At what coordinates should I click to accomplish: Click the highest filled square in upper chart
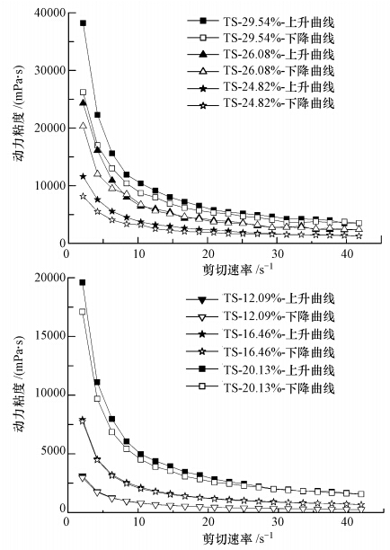pyautogui.click(x=84, y=22)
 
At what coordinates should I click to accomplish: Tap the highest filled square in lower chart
pyautogui.click(x=84, y=282)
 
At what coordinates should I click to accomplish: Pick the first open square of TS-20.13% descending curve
pyautogui.click(x=84, y=312)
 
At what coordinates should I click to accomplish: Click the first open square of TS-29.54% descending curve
pyautogui.click(x=84, y=92)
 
